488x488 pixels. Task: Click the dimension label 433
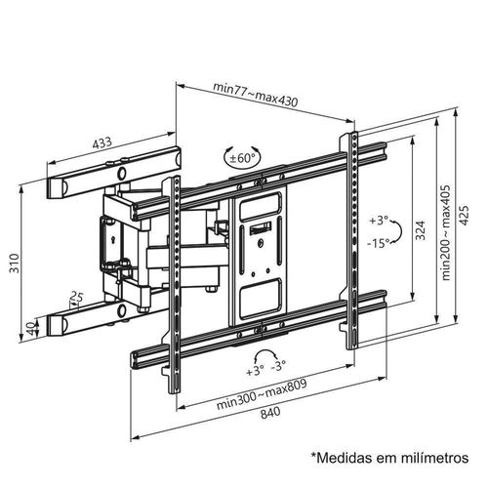tap(102, 142)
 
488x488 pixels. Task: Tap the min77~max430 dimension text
tap(256, 95)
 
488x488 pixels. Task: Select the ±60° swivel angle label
tap(242, 158)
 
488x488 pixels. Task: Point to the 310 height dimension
tap(14, 263)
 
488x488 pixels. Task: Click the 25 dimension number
tap(77, 297)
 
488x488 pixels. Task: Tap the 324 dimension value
tap(421, 230)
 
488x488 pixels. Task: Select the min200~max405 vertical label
tap(446, 232)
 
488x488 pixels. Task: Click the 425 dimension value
tap(465, 215)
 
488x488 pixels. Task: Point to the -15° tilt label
tap(379, 243)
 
